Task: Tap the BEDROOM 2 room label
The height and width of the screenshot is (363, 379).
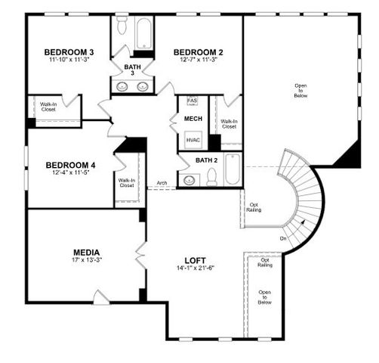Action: pos(198,52)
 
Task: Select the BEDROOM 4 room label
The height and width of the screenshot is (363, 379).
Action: pos(70,165)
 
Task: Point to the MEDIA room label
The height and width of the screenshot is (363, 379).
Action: pos(87,252)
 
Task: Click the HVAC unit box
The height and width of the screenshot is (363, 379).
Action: pos(193,140)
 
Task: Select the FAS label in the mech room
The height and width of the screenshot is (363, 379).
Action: pos(192,101)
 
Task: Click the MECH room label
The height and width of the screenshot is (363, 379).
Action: pos(193,118)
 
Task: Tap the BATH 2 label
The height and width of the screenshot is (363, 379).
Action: pos(206,160)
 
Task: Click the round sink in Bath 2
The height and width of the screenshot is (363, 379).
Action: pos(188,180)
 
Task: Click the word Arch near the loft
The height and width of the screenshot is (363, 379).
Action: pos(162,183)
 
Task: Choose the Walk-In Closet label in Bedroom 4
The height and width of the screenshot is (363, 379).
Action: pos(126,182)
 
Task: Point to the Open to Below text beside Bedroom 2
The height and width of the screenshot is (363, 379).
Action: pos(300,90)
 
